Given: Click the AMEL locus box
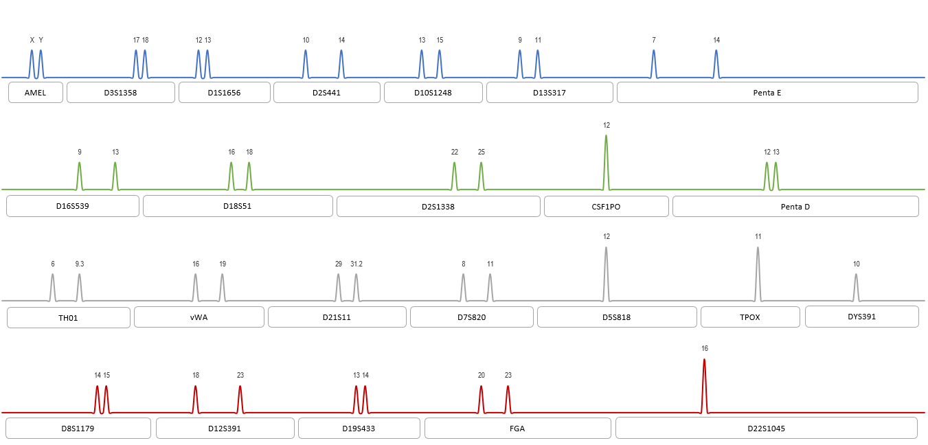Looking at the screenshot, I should pos(36,93).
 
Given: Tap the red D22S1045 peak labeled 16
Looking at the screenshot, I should pos(704,385).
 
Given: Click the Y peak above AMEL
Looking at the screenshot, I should pos(41,63).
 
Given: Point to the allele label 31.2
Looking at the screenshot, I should pos(357,264).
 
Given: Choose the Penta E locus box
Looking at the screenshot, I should pos(767,93).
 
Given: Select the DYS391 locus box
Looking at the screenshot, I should pos(861,317).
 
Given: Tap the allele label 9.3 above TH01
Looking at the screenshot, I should pos(80,264).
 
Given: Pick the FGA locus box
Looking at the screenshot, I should pos(517,429).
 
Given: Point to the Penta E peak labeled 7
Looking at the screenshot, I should pos(654,63).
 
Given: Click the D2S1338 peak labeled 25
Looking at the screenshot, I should pos(481,175).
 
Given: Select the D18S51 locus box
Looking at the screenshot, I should pos(238,206).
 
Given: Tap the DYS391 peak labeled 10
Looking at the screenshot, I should pos(856,287).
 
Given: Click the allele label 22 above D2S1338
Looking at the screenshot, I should pos(455,152).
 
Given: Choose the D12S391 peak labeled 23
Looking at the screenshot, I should pos(240,399).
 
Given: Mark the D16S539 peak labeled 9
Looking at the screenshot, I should pos(80,175).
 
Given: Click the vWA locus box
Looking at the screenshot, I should pos(199,317).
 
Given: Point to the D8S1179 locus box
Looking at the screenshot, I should pos(78,429).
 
